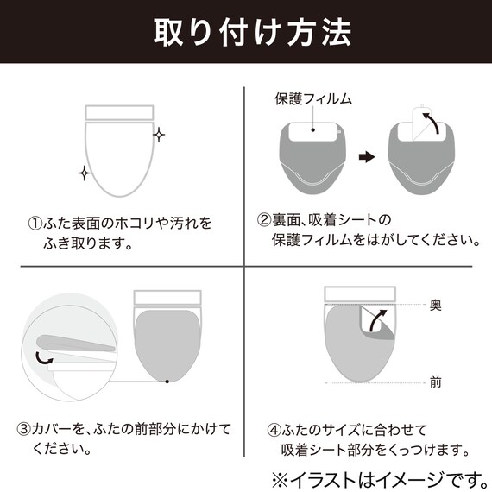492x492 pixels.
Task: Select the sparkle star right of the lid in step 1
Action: (x=159, y=135)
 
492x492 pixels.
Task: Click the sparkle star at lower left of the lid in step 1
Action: (x=84, y=174)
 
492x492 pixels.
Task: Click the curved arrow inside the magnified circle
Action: (x=41, y=356)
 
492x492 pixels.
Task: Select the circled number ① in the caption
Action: (x=35, y=224)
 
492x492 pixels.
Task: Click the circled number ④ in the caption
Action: (x=274, y=429)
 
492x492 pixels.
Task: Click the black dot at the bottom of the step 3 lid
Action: (x=165, y=381)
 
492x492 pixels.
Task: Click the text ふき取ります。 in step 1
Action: (x=92, y=243)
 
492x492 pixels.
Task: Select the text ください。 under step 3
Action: (x=65, y=449)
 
